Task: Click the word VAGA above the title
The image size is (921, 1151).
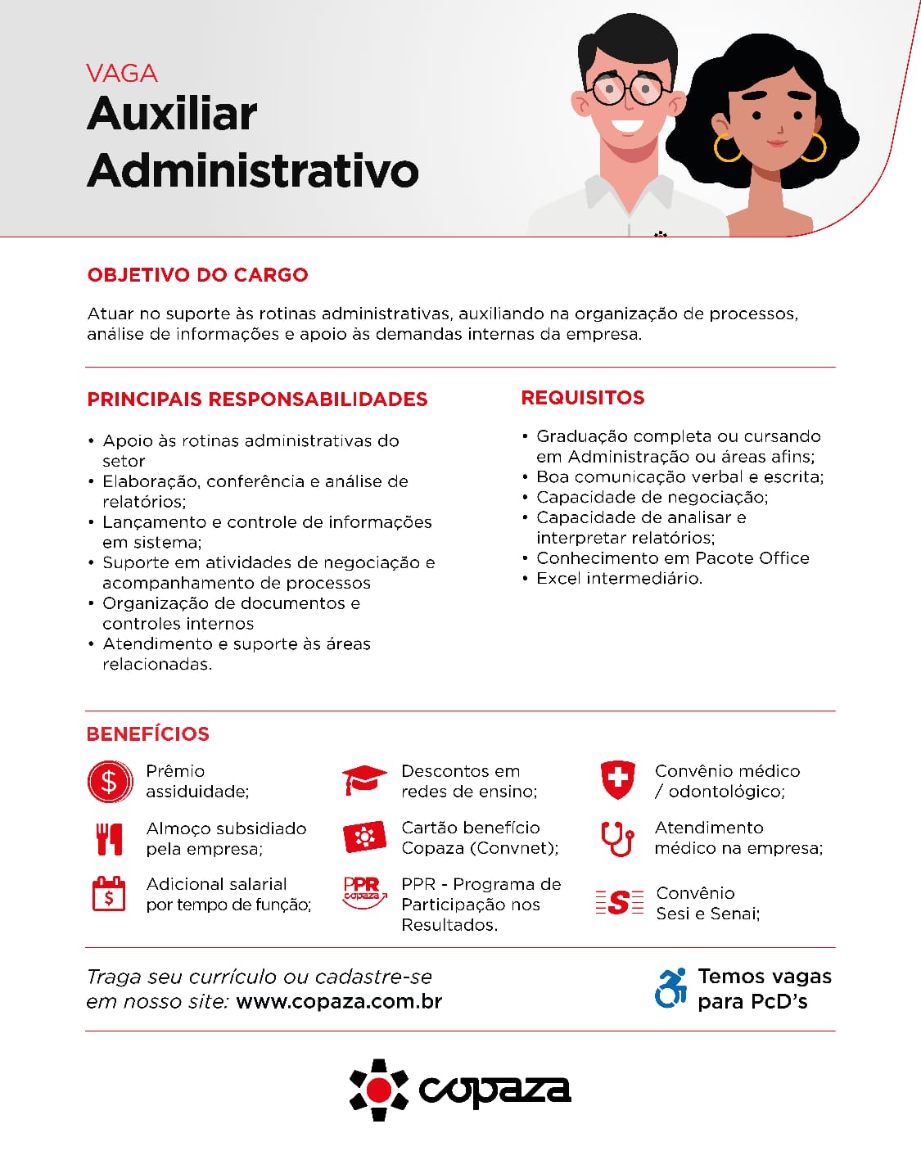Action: pos(122,74)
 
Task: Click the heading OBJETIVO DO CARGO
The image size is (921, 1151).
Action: pos(197,275)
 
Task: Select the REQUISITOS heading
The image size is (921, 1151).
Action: pos(583,398)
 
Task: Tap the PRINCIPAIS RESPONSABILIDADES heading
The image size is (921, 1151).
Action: pos(257,399)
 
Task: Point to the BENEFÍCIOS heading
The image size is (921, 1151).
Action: pos(148,734)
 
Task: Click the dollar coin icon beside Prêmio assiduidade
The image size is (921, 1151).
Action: pos(110,781)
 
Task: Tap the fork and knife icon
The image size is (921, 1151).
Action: pos(109,839)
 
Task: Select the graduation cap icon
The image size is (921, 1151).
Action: pos(364,779)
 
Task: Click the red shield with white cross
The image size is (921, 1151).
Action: pos(617,779)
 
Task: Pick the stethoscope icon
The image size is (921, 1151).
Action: pos(617,838)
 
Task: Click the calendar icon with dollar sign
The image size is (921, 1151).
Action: pos(109,894)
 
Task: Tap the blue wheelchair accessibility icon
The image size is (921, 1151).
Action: pos(671,988)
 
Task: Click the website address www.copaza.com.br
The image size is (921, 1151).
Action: pos(339,1001)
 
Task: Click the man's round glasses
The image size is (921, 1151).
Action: pos(627,89)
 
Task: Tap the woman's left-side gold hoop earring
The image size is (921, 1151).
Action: pos(726,148)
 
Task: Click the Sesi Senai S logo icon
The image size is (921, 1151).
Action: pos(620,902)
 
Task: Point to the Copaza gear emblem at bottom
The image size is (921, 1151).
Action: pos(379,1090)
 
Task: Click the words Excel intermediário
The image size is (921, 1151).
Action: pos(619,579)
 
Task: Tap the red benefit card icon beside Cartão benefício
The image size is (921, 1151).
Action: pos(364,837)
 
